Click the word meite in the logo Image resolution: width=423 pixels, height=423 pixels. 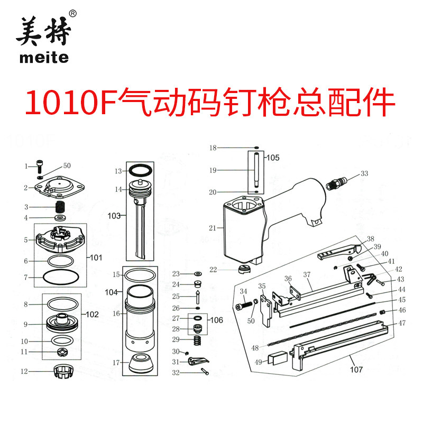tap(44, 57)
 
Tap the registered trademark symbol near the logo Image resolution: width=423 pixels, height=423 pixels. tap(73, 13)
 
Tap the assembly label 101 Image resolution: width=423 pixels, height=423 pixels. tap(95, 259)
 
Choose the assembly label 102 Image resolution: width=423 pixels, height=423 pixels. tap(92, 314)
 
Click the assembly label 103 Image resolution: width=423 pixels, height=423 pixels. tap(114, 216)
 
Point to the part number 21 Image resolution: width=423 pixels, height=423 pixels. tap(213, 228)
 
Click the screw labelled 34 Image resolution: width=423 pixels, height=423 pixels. tap(243, 306)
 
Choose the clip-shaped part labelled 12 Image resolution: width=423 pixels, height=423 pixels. tap(63, 372)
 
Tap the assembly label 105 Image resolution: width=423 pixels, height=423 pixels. tap(272, 158)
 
